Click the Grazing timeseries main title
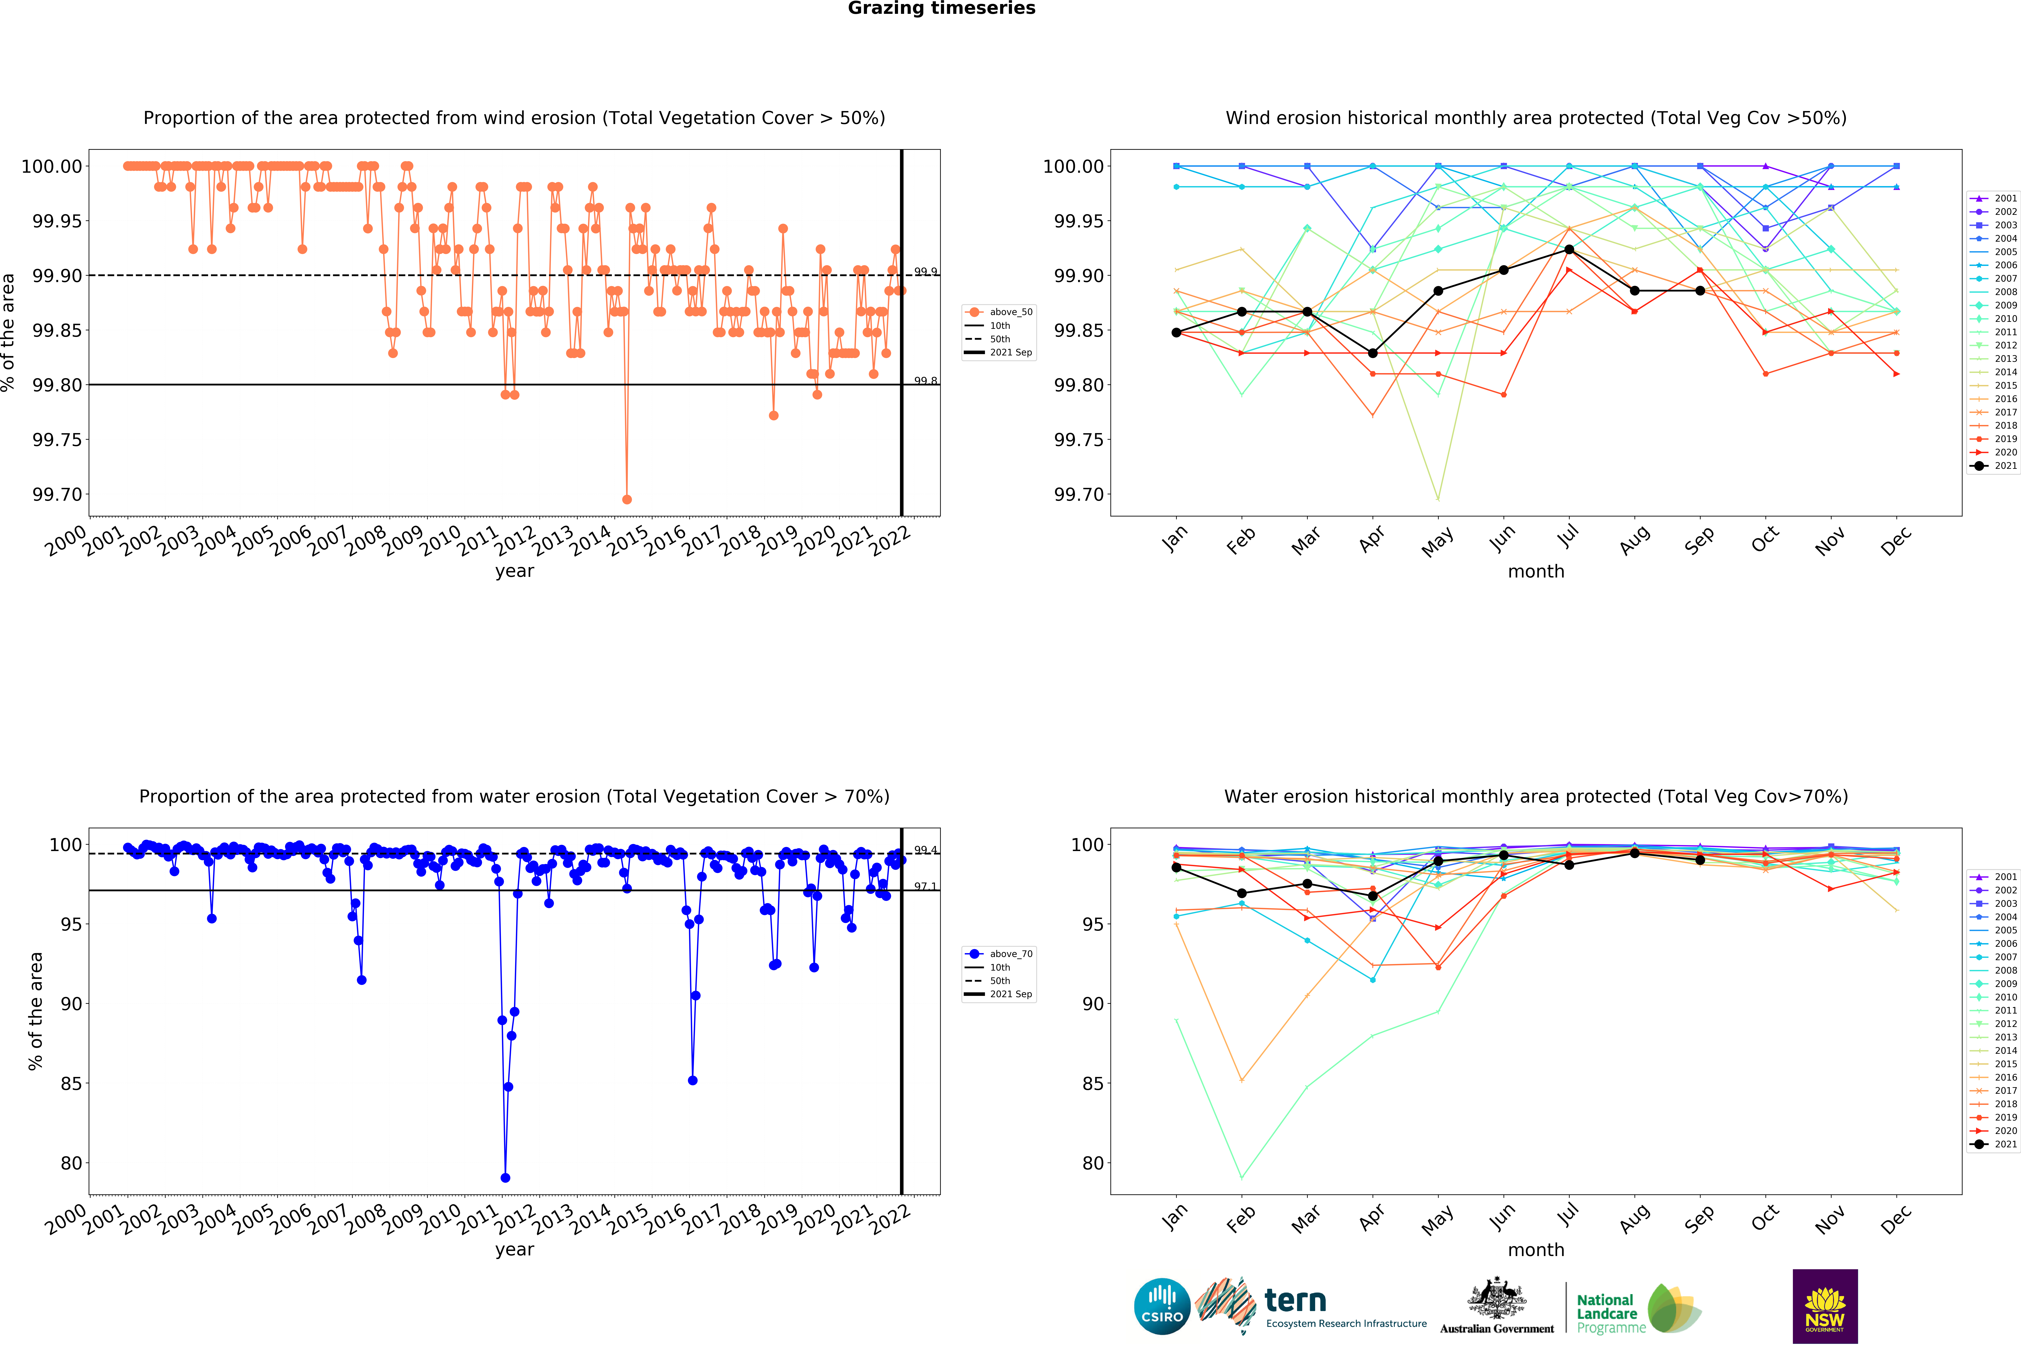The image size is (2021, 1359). (941, 9)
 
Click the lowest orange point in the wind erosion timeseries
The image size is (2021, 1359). (627, 499)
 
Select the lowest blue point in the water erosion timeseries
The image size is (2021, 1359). (505, 1178)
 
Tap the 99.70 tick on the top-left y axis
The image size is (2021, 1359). (57, 495)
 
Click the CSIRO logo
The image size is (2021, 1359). (1162, 1306)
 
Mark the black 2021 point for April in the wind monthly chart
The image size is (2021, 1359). (1372, 353)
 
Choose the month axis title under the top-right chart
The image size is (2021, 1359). (1536, 571)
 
